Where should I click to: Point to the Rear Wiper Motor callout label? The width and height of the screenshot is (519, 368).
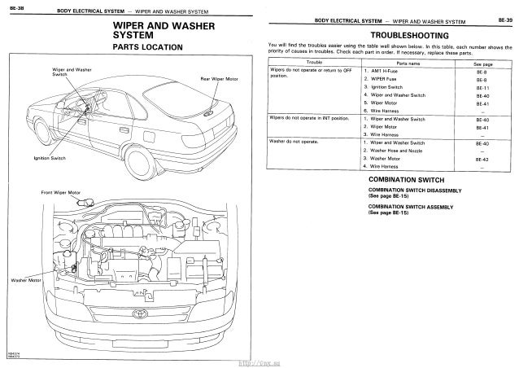(219, 79)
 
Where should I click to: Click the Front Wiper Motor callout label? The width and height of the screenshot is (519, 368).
(59, 191)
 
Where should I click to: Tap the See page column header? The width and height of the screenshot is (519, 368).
(484, 62)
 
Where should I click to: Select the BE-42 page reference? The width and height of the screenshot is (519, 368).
(484, 160)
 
